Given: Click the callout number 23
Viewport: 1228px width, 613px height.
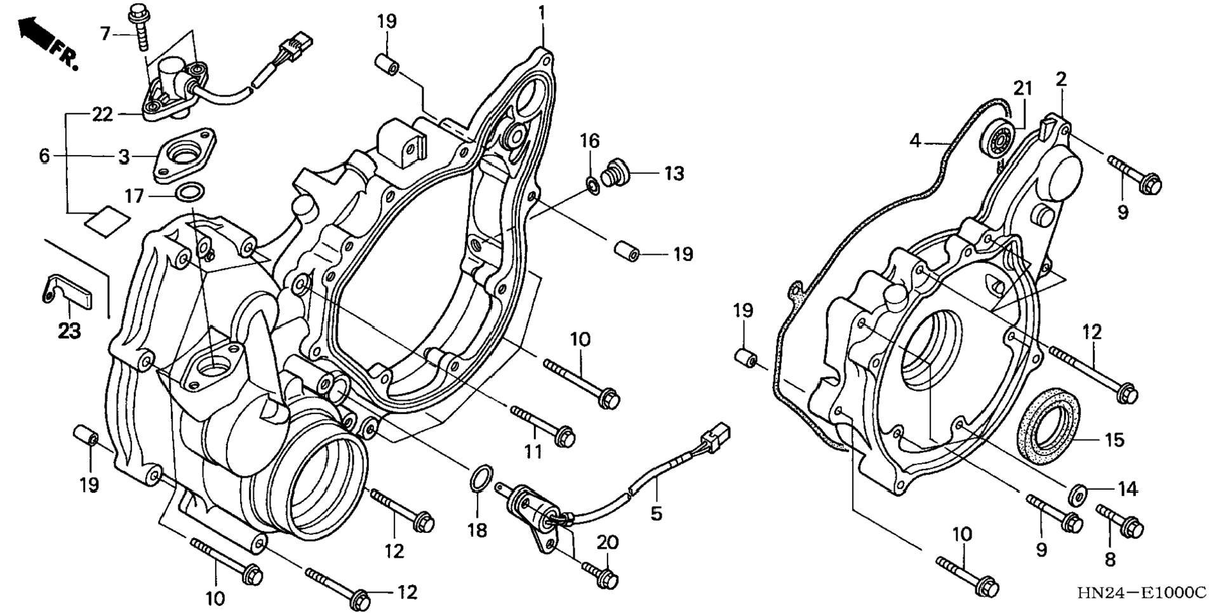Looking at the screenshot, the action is pyautogui.click(x=69, y=330).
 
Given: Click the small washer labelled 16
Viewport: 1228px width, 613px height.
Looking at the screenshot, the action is pyautogui.click(x=592, y=185).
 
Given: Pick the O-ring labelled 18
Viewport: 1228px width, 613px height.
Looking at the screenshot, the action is pyautogui.click(x=481, y=478).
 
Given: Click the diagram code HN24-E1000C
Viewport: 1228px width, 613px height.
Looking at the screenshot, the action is pyautogui.click(x=1141, y=593).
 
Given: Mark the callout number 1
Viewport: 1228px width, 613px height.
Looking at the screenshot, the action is pyautogui.click(x=542, y=12).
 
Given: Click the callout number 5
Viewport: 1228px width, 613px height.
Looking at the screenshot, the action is pyautogui.click(x=656, y=513).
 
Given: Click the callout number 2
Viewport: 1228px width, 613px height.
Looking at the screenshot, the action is pyautogui.click(x=1061, y=79).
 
